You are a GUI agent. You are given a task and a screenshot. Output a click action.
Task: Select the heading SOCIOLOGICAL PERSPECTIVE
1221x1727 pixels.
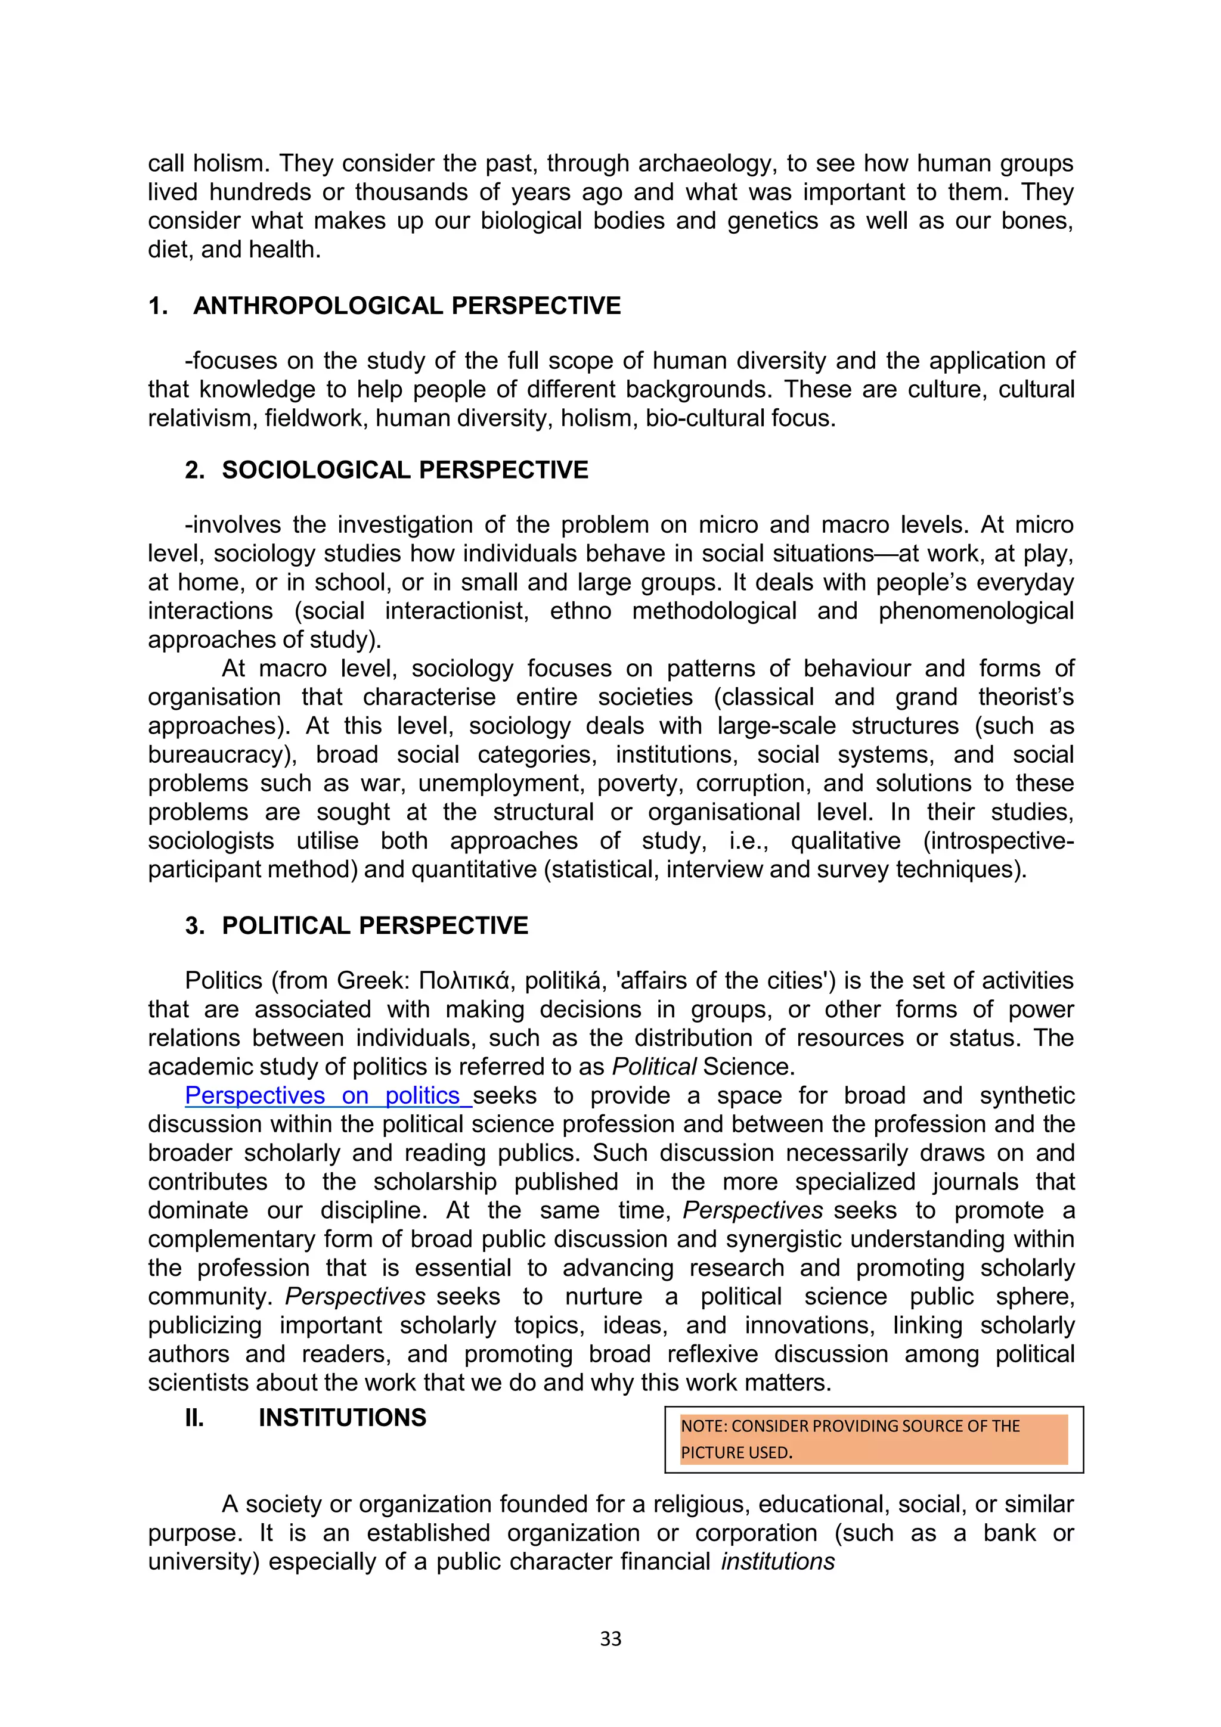[x=404, y=470]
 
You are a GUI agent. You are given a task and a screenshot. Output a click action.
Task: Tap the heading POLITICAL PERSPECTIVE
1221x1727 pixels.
[x=374, y=925]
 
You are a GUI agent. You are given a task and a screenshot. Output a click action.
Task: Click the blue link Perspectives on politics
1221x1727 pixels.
[x=327, y=1096]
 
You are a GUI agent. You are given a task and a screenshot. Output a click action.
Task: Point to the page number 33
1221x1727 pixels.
[x=610, y=1639]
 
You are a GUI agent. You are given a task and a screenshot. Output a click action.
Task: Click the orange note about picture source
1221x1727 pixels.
[x=873, y=1439]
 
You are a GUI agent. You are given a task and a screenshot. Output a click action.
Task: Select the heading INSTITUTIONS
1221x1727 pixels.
[x=342, y=1418]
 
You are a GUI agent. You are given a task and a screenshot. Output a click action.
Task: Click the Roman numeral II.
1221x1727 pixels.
[x=194, y=1418]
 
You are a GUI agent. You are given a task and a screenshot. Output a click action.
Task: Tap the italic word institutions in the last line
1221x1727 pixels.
[x=777, y=1561]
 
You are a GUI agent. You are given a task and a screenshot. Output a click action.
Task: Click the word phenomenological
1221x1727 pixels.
[x=976, y=611]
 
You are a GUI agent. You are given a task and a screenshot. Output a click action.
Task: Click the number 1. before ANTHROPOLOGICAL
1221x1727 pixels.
[x=158, y=306]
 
